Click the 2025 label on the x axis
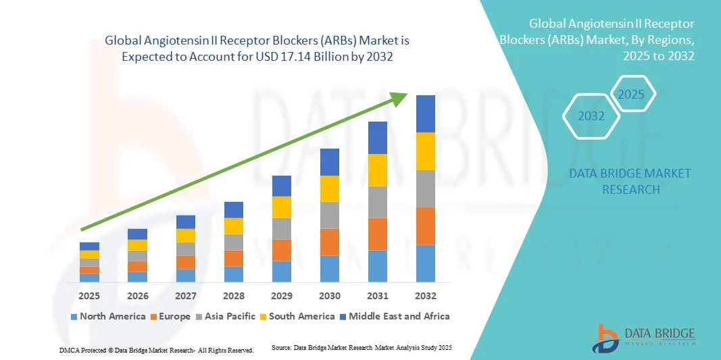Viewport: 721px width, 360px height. coord(89,296)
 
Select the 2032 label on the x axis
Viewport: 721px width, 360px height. coord(426,296)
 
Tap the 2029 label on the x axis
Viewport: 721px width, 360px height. coord(282,296)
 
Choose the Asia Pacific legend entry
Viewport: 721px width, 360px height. coord(226,316)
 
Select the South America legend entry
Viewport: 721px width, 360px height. coord(297,316)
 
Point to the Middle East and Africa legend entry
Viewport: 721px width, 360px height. coord(395,316)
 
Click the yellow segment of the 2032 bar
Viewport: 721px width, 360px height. coord(426,151)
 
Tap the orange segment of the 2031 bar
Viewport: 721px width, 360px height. coord(378,234)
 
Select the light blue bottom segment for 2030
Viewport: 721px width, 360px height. coord(330,268)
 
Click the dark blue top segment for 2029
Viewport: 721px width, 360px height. coord(282,186)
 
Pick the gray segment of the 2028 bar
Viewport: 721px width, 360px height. coord(234,242)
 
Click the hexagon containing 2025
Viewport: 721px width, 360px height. coord(632,94)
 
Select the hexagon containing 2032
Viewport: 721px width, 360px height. coord(591,116)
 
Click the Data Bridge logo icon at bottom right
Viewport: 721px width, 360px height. coord(605,338)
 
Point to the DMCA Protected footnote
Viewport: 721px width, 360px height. coord(156,351)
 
